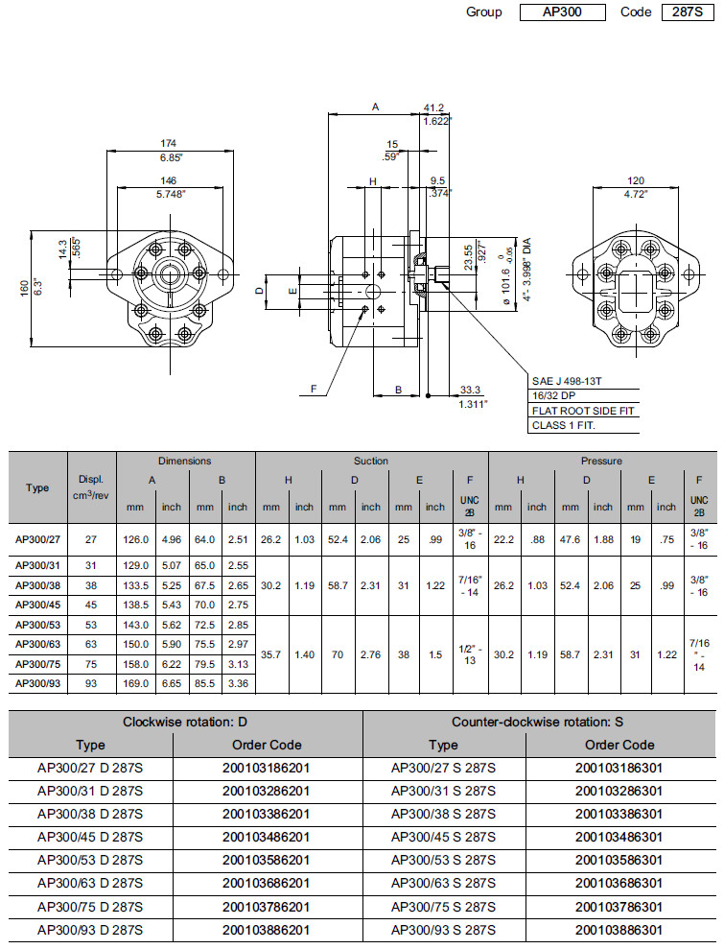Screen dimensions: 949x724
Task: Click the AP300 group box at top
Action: point(562,12)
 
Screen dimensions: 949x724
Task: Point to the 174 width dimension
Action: point(168,144)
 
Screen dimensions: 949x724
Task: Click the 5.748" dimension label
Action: point(168,193)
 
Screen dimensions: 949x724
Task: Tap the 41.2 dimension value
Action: point(434,107)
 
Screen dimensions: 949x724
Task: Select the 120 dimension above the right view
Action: point(636,180)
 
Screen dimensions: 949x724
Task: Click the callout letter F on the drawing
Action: point(313,389)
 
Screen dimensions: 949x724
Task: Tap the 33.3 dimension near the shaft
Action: point(470,390)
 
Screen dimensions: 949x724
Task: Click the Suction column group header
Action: point(371,462)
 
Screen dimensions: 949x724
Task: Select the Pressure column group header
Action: point(601,462)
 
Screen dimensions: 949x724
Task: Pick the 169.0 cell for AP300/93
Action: point(134,683)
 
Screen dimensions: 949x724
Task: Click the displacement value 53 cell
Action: point(91,625)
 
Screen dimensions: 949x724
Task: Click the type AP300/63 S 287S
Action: point(443,883)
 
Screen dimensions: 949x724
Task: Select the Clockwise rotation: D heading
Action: point(185,722)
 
